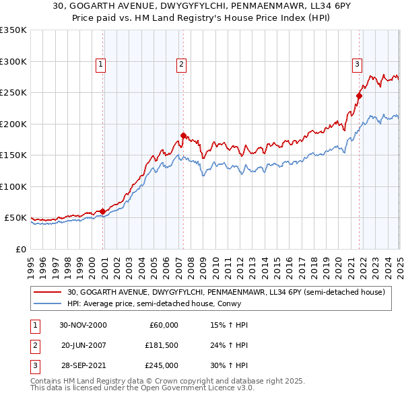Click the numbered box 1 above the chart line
click(100, 65)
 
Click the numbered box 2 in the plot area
click(182, 65)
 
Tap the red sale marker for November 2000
click(103, 212)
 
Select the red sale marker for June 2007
click(183, 136)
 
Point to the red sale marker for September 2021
click(359, 96)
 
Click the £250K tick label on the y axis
click(13, 93)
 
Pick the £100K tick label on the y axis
click(13, 186)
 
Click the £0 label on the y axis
click(20, 249)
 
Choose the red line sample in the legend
click(48, 292)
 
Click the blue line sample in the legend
click(48, 303)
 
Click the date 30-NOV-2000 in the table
click(83, 325)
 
